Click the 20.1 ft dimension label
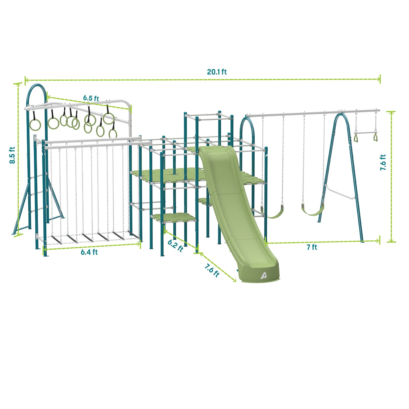click(x=217, y=72)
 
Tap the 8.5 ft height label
click(x=12, y=155)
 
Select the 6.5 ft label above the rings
click(x=91, y=98)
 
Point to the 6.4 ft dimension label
click(x=89, y=252)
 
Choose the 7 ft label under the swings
click(x=312, y=247)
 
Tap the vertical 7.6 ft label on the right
click(x=383, y=163)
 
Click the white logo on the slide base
click(x=263, y=276)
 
